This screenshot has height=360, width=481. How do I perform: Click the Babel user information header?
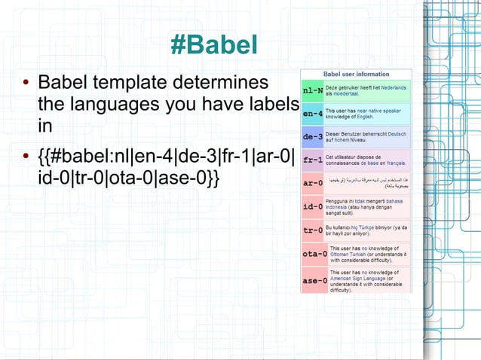pyautogui.click(x=356, y=75)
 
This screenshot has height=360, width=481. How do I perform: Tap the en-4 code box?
pyautogui.click(x=313, y=114)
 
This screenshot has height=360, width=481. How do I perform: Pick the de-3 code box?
pyautogui.click(x=313, y=138)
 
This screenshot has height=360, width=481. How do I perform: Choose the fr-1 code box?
pyautogui.click(x=313, y=160)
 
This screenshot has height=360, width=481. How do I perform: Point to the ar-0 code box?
pyautogui.click(x=313, y=183)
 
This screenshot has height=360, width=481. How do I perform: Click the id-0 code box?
pyautogui.click(x=313, y=206)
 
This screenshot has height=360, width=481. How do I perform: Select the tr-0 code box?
pyautogui.click(x=313, y=230)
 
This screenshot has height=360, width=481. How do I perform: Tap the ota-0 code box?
pyautogui.click(x=313, y=254)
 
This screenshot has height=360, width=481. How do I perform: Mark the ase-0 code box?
pyautogui.click(x=313, y=280)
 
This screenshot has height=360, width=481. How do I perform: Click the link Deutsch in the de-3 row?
pyautogui.click(x=397, y=133)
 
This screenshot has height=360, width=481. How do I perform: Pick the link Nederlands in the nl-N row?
pyautogui.click(x=396, y=87)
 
